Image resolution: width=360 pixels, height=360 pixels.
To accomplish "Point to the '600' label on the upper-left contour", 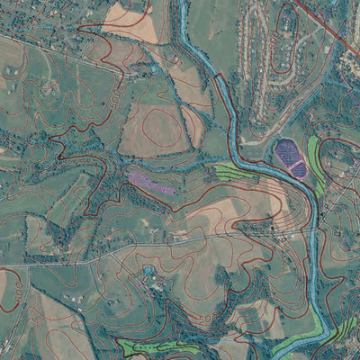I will point(117,94).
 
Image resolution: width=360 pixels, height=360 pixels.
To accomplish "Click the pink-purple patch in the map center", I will point(149,182).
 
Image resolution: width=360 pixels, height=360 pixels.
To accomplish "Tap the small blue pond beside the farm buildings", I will point(148,270).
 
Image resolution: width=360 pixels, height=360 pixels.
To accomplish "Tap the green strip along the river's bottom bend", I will point(292,343).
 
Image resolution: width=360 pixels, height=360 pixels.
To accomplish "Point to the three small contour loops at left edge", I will point(9,162).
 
